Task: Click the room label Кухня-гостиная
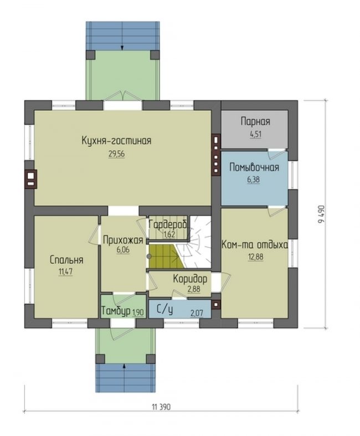(x=116, y=140)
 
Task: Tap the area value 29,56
(x=116, y=154)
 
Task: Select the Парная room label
(x=255, y=121)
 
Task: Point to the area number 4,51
(x=255, y=134)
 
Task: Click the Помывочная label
(x=254, y=167)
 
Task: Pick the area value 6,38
(x=254, y=179)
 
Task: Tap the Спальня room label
(x=66, y=260)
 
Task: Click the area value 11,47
(x=65, y=271)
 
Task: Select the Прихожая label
(x=123, y=240)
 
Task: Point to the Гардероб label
(x=168, y=224)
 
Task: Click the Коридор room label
(x=190, y=279)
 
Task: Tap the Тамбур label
(x=116, y=311)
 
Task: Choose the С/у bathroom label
(x=165, y=310)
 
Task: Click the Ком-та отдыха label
(x=255, y=245)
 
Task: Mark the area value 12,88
(x=256, y=257)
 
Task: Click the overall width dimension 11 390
(x=161, y=407)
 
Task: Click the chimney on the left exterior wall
(x=30, y=179)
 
